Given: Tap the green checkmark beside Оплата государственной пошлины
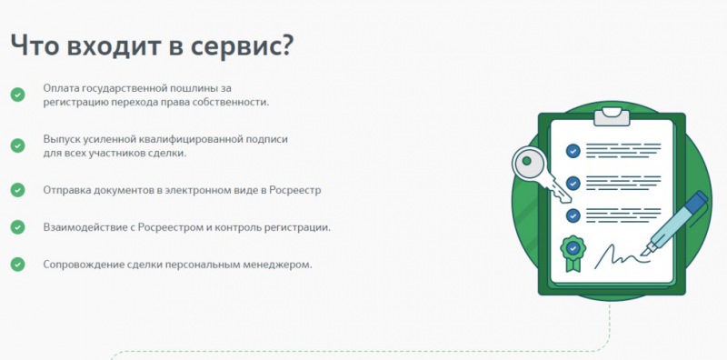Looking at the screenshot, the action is (x=17, y=95).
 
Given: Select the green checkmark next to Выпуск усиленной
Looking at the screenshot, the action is (x=17, y=145).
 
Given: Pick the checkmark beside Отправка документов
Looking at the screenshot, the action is (x=17, y=190).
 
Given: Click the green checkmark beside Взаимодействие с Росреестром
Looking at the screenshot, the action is (x=17, y=227).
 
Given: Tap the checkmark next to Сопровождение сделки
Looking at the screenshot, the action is (x=17, y=264).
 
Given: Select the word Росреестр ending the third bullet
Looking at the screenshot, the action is (x=294, y=190).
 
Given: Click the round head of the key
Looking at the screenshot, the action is (x=530, y=164).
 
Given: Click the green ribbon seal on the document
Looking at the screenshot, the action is (x=573, y=253).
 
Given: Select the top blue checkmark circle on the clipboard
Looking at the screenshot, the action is (x=573, y=151).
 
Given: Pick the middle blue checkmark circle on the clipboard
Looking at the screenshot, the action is (x=573, y=184).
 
